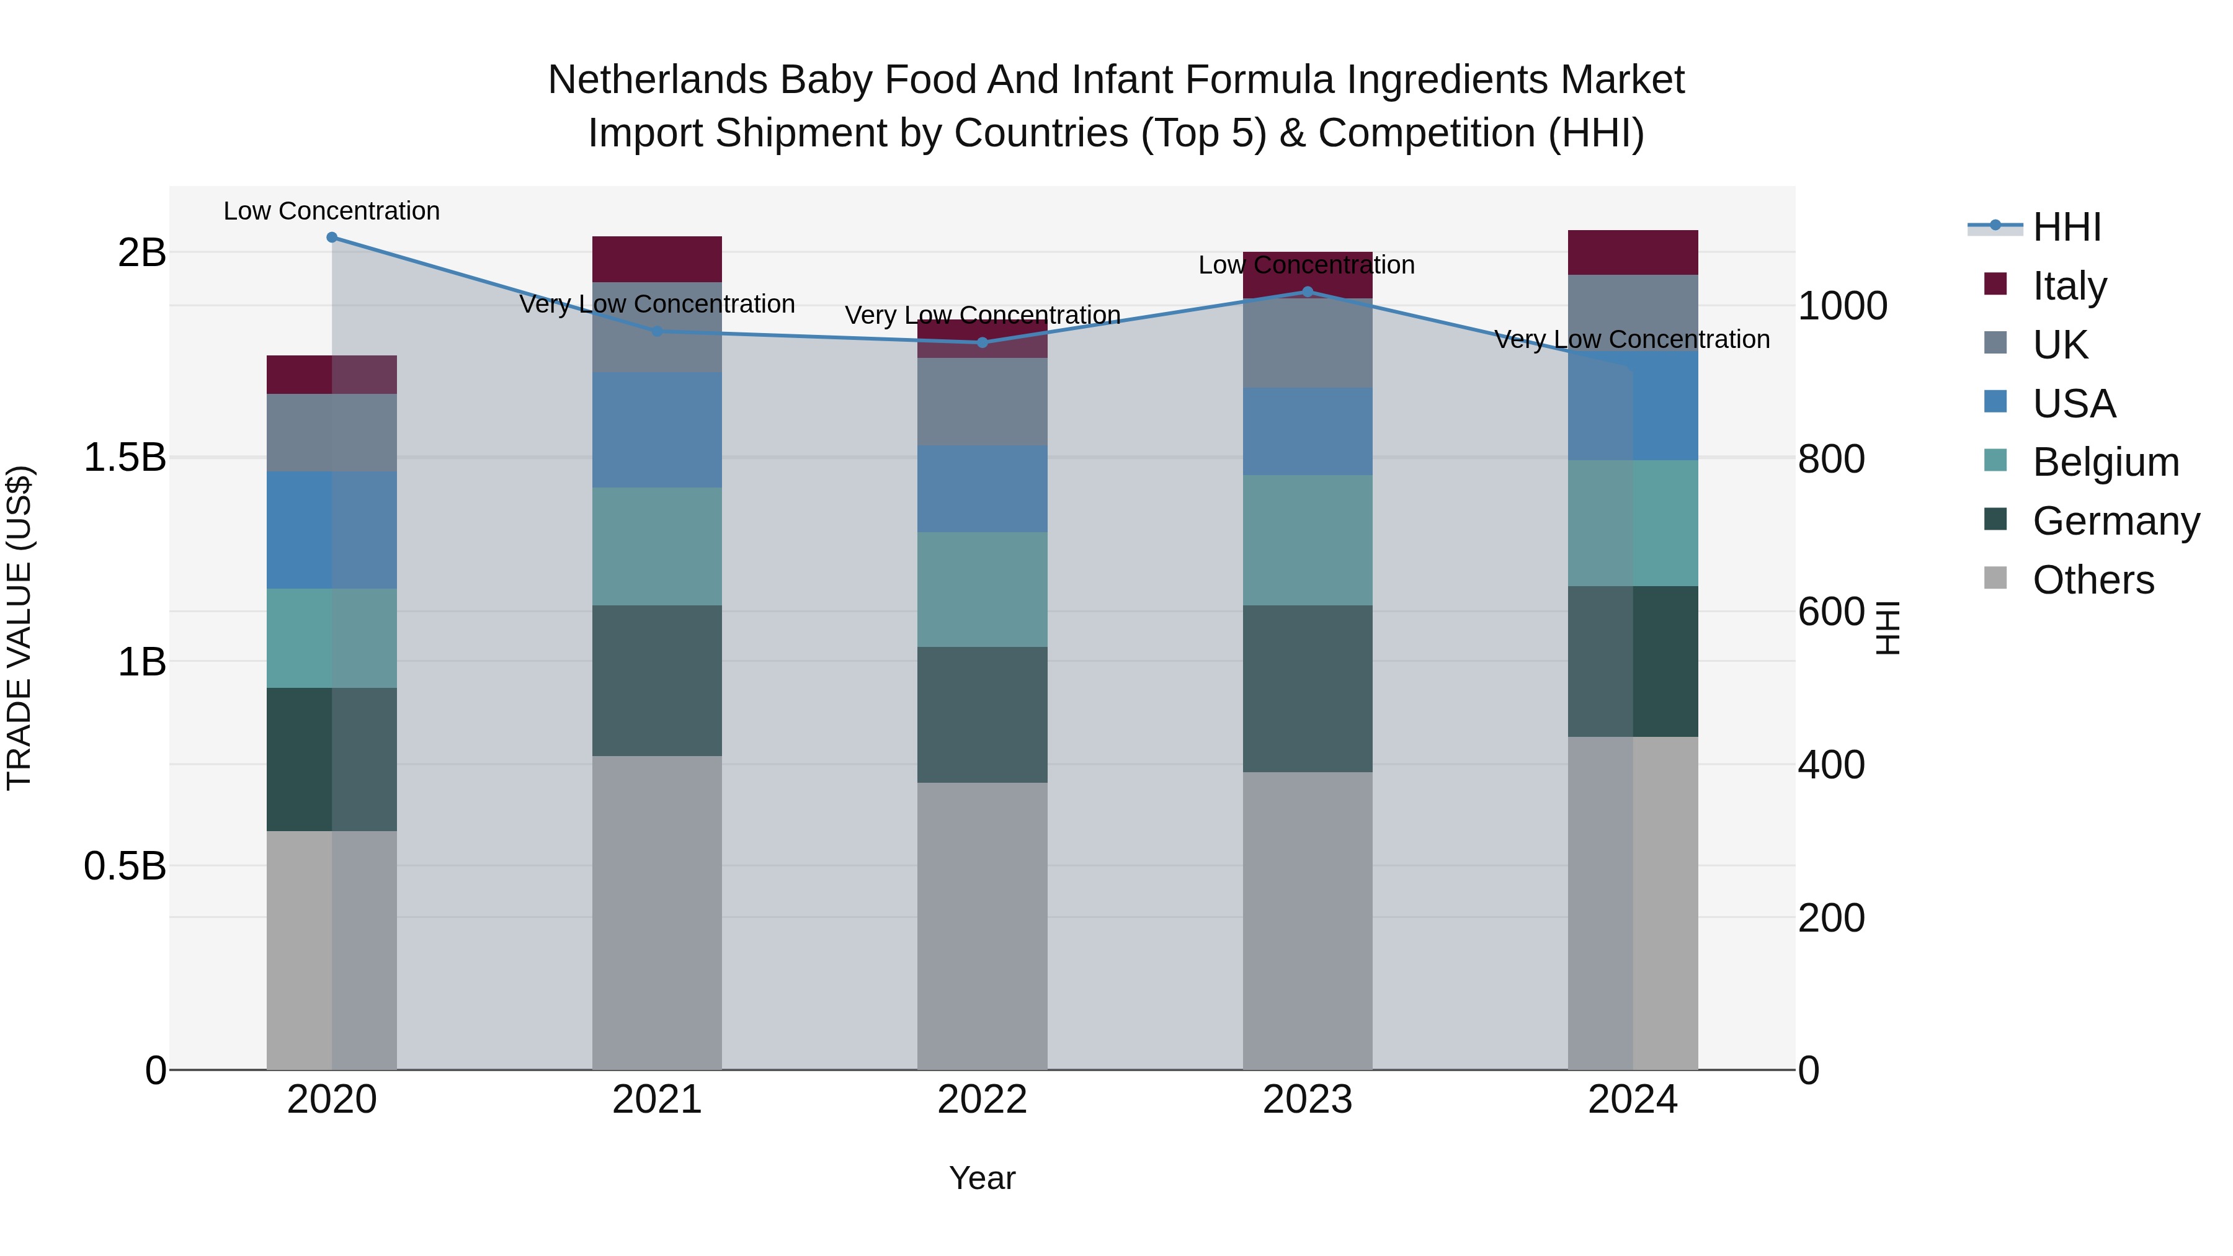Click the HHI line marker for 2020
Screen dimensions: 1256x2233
332,238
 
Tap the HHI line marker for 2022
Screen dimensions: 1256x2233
982,342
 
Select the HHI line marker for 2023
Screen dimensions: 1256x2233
1308,292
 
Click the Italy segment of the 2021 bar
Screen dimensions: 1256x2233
657,259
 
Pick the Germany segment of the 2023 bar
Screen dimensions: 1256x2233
1308,688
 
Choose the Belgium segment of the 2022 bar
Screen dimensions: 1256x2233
982,589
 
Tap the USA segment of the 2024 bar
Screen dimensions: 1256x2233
1633,406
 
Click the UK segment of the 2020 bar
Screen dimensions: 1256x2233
332,432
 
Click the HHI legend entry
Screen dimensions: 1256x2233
2067,227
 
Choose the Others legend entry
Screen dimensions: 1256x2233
2093,580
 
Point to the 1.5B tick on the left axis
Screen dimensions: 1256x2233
125,458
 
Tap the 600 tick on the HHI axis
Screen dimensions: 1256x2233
1831,612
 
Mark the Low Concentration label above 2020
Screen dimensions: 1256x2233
332,212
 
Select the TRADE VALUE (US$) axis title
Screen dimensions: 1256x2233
20,628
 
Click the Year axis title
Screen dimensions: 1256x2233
982,1178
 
